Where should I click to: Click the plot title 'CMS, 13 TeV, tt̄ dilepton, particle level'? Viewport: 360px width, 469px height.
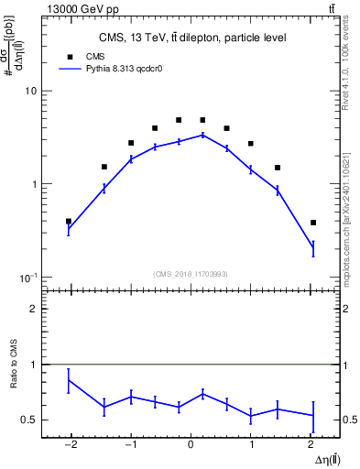pyautogui.click(x=191, y=38)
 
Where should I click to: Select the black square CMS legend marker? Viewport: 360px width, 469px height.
pyautogui.click(x=68, y=55)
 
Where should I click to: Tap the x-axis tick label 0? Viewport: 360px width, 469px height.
pyautogui.click(x=191, y=446)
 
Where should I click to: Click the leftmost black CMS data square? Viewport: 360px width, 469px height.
pyautogui.click(x=69, y=221)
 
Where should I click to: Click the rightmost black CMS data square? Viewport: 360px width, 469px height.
pyautogui.click(x=313, y=223)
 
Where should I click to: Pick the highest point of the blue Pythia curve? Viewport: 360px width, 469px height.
pyautogui.click(x=203, y=135)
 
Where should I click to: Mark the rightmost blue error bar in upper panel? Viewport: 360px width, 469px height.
pyautogui.click(x=313, y=248)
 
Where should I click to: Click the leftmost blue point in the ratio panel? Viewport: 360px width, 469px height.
pyautogui.click(x=69, y=380)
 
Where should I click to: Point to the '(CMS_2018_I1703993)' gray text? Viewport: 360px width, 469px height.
pyautogui.click(x=191, y=274)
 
